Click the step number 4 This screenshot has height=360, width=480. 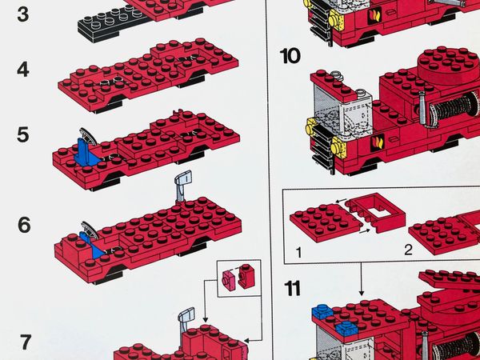(23, 70)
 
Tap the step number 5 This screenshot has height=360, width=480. (23, 134)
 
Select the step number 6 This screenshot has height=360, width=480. (24, 225)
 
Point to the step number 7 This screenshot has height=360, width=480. (25, 342)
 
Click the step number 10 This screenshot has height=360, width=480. (290, 55)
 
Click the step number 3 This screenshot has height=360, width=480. (22, 14)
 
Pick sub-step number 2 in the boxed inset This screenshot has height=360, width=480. (407, 250)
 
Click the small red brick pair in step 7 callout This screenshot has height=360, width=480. (240, 277)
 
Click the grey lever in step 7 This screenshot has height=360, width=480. (188, 321)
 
